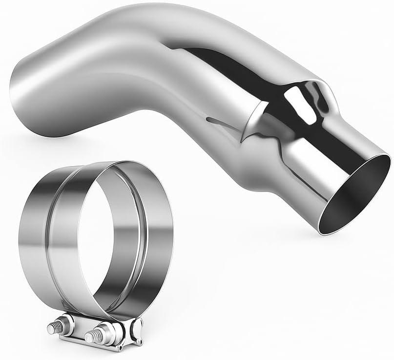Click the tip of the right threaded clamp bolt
pyautogui.click(x=88, y=338)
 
